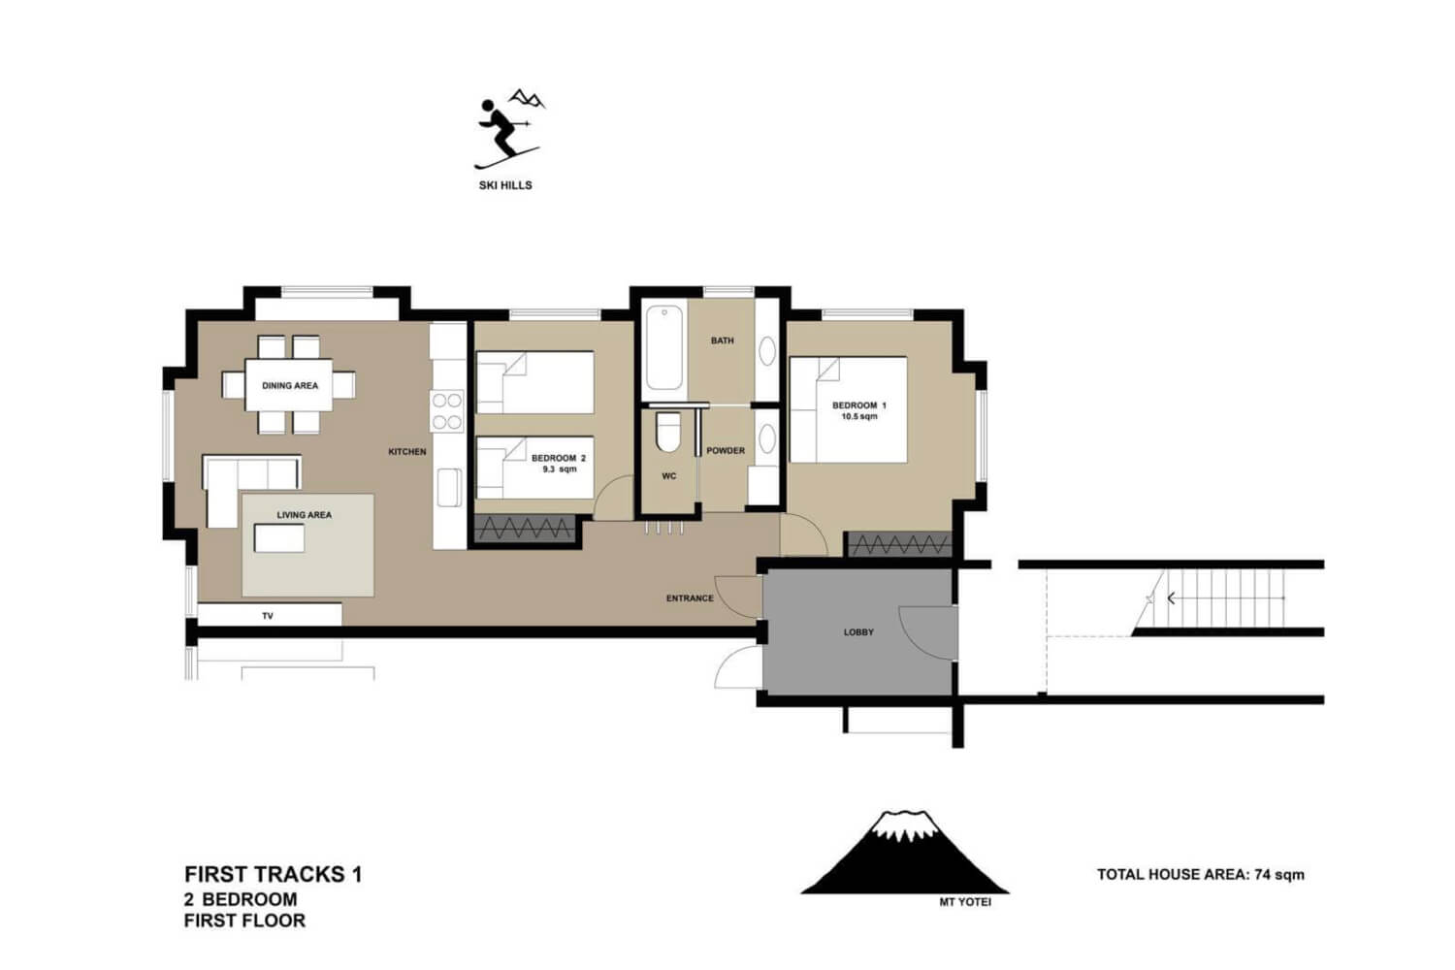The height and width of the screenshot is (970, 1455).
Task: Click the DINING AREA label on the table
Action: [290, 386]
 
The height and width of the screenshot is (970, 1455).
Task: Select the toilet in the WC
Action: [667, 432]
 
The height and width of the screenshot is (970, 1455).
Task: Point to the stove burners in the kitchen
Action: [447, 411]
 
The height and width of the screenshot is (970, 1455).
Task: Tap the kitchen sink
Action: [449, 488]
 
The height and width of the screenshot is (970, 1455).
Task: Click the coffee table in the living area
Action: [279, 538]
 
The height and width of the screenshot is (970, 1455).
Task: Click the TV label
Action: [268, 616]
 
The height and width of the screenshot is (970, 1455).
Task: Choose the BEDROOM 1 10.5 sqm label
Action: [859, 410]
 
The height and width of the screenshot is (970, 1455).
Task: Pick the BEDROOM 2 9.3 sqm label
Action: [559, 464]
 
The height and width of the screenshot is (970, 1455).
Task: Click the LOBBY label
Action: [858, 632]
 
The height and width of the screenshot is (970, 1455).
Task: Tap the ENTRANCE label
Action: [690, 598]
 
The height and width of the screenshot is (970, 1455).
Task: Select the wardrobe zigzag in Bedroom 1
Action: [899, 544]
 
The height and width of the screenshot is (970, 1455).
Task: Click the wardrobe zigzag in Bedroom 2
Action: [524, 529]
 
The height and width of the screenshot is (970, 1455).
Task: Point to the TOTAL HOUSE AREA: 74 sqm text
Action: [1201, 875]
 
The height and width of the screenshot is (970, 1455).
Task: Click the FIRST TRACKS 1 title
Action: [274, 875]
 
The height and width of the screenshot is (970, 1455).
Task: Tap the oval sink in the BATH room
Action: [767, 352]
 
